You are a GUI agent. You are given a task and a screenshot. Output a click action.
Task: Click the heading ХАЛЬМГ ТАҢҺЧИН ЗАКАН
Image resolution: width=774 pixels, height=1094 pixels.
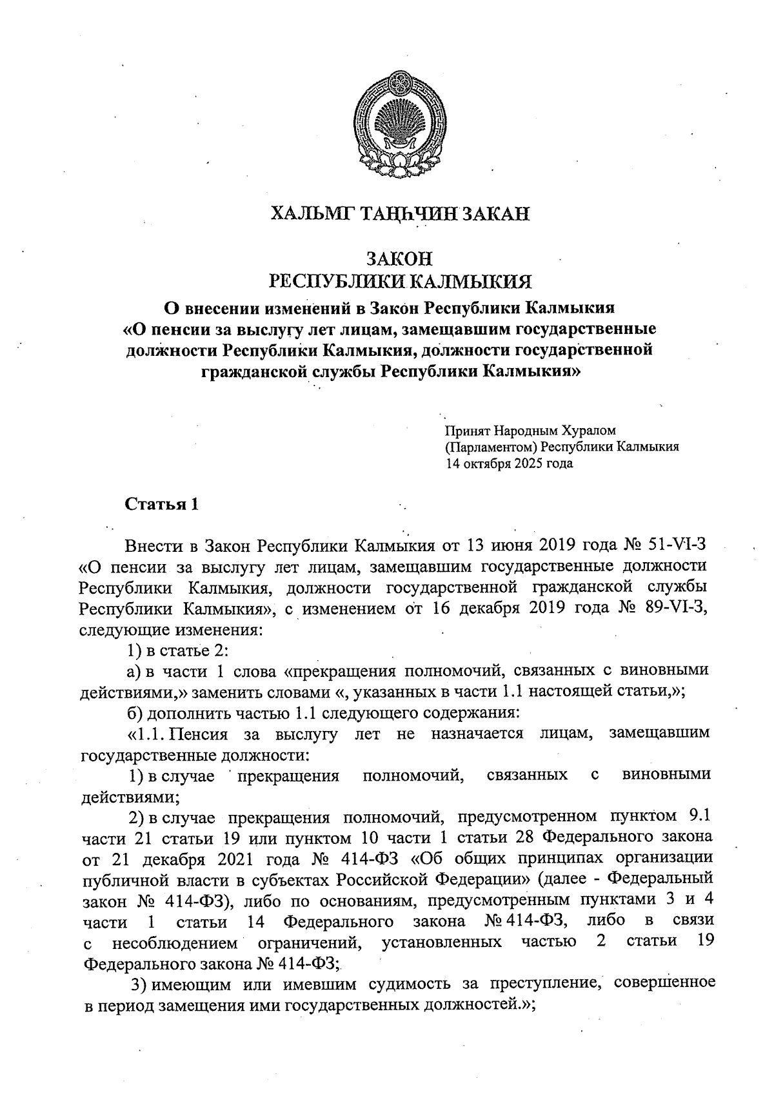pos(400,213)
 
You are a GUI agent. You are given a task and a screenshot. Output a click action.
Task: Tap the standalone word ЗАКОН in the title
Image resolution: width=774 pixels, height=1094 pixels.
pos(399,259)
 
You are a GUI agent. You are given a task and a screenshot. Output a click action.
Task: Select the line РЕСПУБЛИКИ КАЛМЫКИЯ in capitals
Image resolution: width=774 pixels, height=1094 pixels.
pos(400,282)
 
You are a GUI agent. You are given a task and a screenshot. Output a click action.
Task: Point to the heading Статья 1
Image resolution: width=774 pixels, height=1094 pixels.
pos(162,504)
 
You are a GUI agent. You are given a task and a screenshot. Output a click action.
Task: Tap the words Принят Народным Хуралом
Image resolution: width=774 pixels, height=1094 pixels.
pos(530,430)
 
